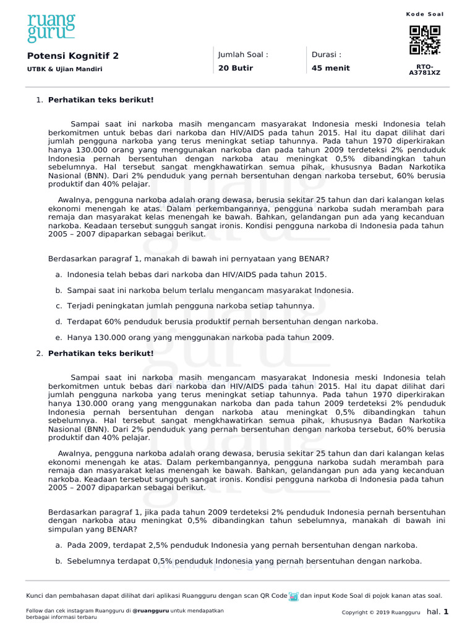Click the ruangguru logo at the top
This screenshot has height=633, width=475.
[x=51, y=28]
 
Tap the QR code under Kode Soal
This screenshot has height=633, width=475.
[x=425, y=40]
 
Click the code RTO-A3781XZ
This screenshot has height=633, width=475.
[x=425, y=69]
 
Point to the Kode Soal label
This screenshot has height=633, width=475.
[x=425, y=14]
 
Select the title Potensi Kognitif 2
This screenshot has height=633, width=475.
[x=73, y=56]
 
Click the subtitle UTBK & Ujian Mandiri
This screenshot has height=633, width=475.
[x=64, y=69]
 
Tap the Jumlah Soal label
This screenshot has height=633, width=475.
[x=243, y=54]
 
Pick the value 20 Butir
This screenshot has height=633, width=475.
[x=236, y=68]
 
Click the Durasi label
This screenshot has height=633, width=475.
[x=327, y=54]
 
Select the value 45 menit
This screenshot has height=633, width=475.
[x=331, y=68]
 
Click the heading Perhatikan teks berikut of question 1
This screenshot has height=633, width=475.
[x=101, y=100]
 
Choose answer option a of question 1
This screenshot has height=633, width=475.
[x=197, y=274]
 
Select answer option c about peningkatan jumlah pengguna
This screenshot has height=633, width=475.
[x=190, y=306]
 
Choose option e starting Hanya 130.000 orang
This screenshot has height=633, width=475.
[x=200, y=338]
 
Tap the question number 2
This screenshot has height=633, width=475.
[x=40, y=354]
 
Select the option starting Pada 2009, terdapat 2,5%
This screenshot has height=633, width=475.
[x=242, y=545]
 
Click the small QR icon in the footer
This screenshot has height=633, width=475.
[x=294, y=596]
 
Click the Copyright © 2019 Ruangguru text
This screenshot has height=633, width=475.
[x=380, y=613]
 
